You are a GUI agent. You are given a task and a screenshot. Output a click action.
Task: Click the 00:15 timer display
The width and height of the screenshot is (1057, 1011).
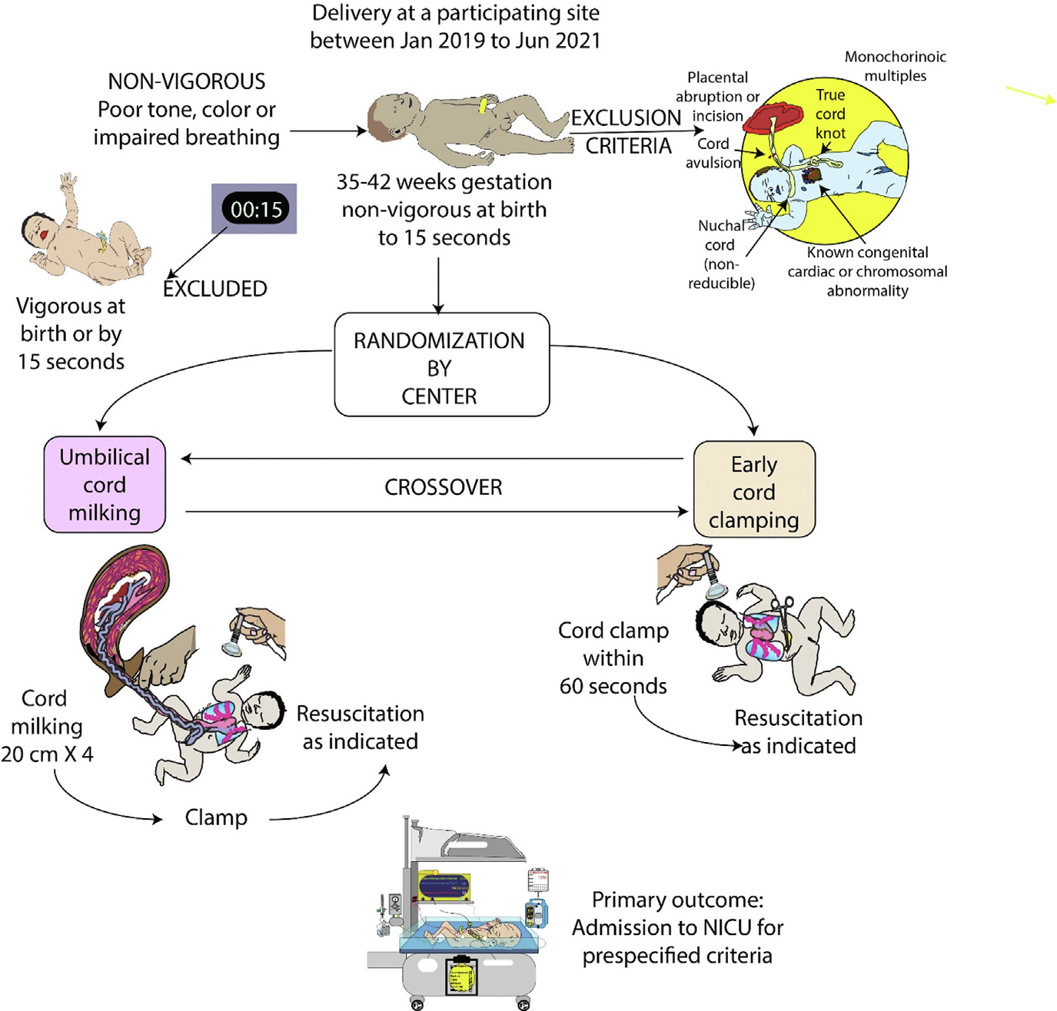[255, 209]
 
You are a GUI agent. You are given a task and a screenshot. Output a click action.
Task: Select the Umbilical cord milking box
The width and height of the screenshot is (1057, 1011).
[105, 485]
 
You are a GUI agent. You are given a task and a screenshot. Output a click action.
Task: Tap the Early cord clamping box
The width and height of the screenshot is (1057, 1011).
[754, 489]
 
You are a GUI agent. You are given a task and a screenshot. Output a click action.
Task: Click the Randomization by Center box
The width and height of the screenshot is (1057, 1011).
[441, 366]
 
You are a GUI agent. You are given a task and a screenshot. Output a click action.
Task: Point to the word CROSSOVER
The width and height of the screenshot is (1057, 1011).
[443, 487]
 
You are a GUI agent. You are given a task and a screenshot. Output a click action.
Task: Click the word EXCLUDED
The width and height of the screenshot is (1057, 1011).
[215, 289]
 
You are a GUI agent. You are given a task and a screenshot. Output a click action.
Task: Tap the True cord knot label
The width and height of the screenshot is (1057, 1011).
[830, 114]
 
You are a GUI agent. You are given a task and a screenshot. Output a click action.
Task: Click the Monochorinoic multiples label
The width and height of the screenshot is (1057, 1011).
[895, 66]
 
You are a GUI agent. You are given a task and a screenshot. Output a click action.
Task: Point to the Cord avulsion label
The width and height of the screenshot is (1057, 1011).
[713, 153]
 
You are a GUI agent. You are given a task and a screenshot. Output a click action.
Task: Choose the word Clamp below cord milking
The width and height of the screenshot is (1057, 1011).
[216, 817]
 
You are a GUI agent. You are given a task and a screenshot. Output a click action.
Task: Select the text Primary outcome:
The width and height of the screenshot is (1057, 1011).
[677, 900]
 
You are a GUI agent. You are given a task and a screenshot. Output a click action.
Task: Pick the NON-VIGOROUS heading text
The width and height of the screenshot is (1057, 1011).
[187, 81]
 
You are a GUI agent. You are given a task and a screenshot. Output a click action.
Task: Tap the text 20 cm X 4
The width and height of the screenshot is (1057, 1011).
[48, 754]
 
